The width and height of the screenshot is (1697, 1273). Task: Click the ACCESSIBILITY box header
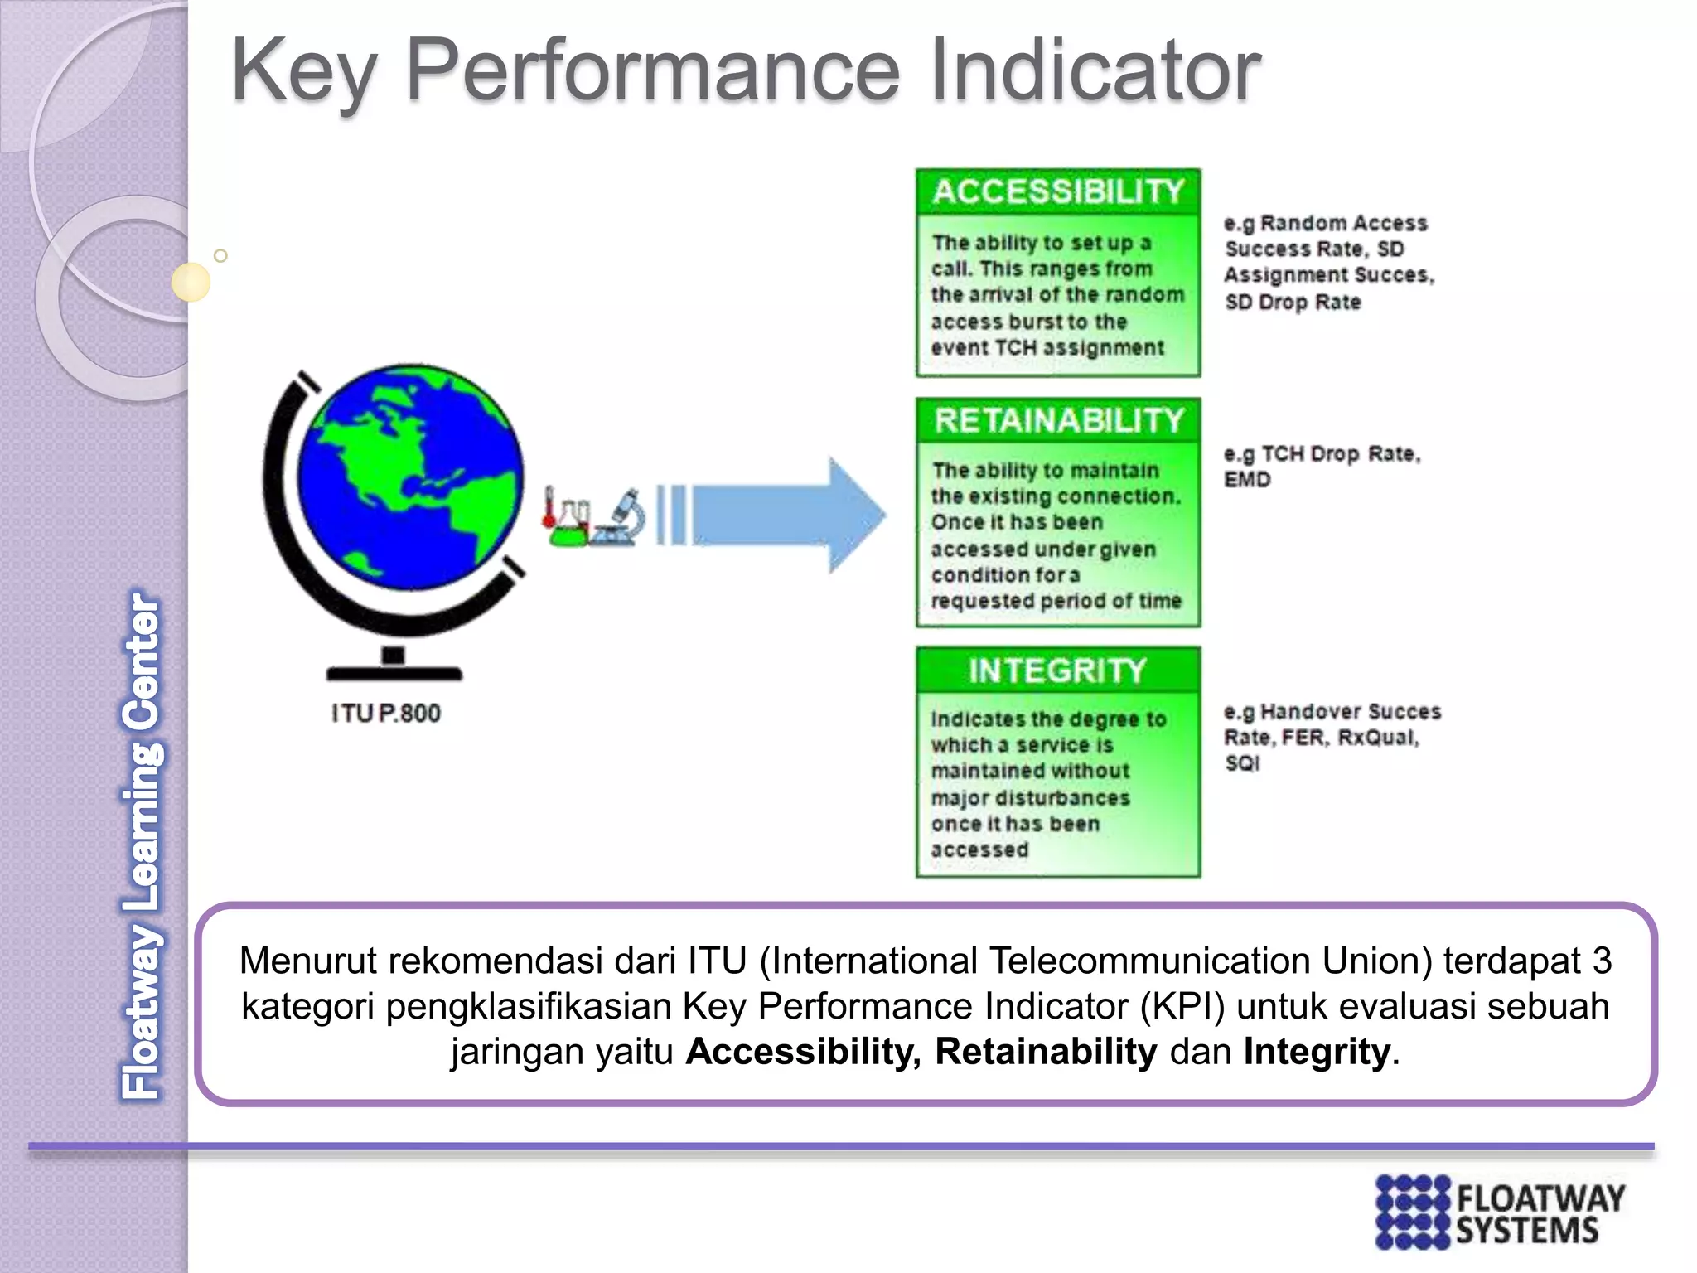1058,191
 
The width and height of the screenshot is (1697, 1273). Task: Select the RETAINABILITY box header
1058,421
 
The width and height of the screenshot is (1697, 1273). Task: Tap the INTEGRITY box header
1058,670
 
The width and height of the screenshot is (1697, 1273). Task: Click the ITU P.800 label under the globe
386,714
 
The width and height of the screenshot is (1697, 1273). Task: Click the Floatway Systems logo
1500,1211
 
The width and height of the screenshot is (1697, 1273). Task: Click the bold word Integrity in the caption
1316,1052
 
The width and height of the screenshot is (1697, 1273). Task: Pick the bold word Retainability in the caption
1046,1052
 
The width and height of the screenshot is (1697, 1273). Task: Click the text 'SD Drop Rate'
1293,303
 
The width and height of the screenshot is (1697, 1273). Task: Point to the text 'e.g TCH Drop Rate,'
1322,454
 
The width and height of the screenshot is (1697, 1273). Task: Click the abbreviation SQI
1242,763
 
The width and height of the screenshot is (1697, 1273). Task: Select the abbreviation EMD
1247,480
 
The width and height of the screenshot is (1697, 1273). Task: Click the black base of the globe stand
394,671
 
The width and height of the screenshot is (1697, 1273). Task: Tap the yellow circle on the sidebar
191,282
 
